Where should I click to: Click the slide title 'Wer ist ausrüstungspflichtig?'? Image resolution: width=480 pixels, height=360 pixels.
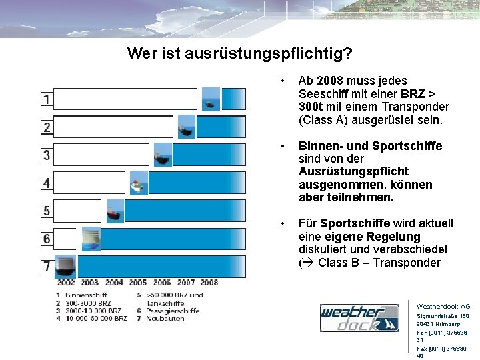(x=240, y=53)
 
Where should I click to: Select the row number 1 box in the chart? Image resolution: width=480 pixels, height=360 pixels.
(x=46, y=99)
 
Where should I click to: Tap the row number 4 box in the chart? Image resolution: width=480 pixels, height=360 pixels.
(x=46, y=183)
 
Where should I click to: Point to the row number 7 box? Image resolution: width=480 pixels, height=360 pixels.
(x=46, y=267)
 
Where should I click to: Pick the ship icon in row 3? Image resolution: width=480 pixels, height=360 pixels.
(x=163, y=156)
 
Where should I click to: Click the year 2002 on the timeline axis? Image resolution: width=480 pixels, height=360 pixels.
(x=66, y=283)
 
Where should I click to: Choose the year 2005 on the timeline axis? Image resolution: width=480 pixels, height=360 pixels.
(x=138, y=283)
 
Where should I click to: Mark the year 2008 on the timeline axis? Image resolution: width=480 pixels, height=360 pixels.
(x=209, y=283)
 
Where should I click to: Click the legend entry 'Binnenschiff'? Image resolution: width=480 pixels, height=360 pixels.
(x=86, y=295)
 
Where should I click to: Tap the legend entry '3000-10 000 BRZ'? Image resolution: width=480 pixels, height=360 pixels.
(x=93, y=311)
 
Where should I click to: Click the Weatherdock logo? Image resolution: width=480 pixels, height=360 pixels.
(x=359, y=317)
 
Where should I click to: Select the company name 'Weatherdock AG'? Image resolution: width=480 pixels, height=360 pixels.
(x=443, y=307)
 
